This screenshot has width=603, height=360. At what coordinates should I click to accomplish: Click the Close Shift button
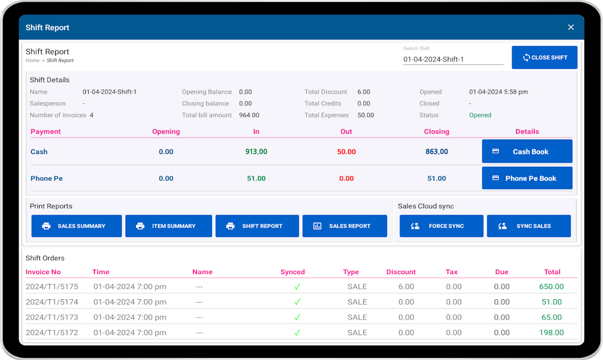click(544, 58)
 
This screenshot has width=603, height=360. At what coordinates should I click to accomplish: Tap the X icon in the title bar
click(571, 27)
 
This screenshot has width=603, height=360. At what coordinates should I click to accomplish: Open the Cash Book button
click(527, 152)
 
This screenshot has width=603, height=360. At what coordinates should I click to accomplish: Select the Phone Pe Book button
click(527, 178)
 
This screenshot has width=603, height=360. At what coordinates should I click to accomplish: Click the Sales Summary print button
click(76, 226)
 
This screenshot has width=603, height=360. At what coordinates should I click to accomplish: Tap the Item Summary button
click(169, 226)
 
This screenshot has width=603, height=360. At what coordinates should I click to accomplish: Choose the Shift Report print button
click(257, 226)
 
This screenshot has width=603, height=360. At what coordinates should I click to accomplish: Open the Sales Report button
click(345, 226)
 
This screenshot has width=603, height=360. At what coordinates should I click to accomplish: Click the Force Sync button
click(441, 226)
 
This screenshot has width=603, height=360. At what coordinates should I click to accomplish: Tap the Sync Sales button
click(529, 226)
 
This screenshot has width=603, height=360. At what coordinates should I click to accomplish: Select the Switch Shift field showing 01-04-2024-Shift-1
click(453, 59)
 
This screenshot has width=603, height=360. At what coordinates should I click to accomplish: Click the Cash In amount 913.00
click(256, 152)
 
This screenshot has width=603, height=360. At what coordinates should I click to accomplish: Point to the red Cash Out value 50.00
click(346, 152)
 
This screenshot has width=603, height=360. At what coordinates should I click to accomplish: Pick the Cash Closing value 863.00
click(436, 152)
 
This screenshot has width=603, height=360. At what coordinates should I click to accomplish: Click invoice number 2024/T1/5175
click(52, 287)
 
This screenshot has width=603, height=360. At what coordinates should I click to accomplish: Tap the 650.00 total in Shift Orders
click(551, 287)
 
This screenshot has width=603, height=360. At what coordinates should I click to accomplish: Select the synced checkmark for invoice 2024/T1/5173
click(297, 317)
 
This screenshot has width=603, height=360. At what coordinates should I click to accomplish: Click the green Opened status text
click(480, 115)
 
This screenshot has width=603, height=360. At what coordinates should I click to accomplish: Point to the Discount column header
click(401, 272)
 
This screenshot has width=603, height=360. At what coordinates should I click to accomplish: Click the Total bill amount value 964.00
click(249, 115)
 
